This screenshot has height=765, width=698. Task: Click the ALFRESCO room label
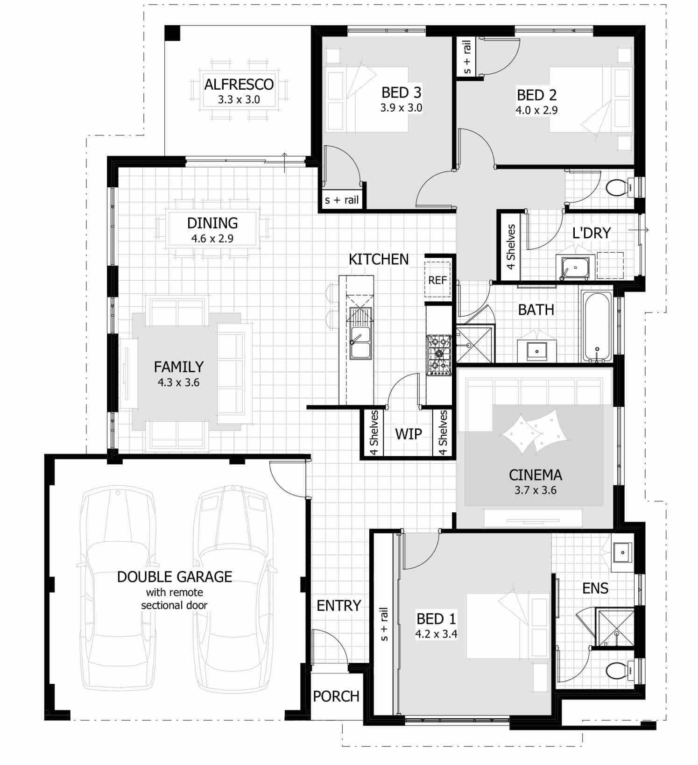(239, 85)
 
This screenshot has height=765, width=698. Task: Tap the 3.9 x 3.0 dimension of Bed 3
(401, 108)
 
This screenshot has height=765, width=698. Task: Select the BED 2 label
(536, 95)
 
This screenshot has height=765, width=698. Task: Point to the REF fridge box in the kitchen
(437, 280)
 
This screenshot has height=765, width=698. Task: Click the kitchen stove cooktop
(438, 354)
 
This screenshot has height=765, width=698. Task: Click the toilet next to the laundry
(618, 187)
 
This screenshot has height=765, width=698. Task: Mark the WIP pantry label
(408, 434)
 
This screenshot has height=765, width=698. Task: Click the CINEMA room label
(535, 475)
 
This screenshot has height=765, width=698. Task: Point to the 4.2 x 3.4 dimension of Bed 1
(436, 634)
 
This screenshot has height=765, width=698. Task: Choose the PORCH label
(336, 696)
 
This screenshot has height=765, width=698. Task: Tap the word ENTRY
(338, 606)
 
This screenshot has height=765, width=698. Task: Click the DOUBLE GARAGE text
(174, 577)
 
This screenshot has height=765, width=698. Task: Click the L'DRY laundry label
(591, 233)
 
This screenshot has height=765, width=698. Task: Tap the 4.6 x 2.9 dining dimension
(212, 239)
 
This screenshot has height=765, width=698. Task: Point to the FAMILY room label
(178, 367)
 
